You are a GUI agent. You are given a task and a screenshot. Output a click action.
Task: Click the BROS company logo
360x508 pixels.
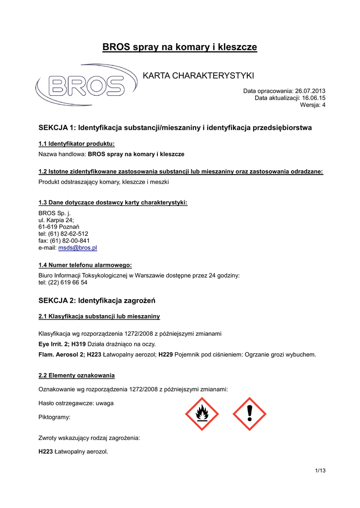(x=86, y=85)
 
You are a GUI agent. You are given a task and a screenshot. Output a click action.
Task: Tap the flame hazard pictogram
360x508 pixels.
(x=202, y=414)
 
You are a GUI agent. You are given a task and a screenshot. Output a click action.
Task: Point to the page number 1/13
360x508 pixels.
(x=320, y=470)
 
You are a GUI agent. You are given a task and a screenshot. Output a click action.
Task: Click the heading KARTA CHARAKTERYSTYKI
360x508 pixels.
(x=198, y=75)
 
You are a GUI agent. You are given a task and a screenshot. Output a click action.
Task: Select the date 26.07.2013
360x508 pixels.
(x=310, y=91)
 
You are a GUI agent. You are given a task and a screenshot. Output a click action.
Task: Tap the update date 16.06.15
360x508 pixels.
(x=314, y=98)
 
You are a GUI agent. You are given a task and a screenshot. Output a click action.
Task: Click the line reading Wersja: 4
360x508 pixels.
(x=313, y=105)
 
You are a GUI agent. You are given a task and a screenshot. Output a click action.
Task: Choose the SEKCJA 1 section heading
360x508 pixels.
(x=175, y=128)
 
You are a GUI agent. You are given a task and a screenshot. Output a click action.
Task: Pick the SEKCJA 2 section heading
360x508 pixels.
(x=97, y=300)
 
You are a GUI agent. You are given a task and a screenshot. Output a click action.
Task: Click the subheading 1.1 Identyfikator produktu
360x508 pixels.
(x=76, y=144)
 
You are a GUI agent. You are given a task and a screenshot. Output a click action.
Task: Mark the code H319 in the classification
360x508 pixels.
(x=79, y=344)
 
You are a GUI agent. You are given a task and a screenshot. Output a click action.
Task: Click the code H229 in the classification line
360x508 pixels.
(x=165, y=355)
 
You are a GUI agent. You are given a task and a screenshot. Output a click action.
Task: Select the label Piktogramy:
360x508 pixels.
(x=55, y=417)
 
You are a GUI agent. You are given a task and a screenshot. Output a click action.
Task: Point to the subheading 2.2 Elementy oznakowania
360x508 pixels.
(x=76, y=375)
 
